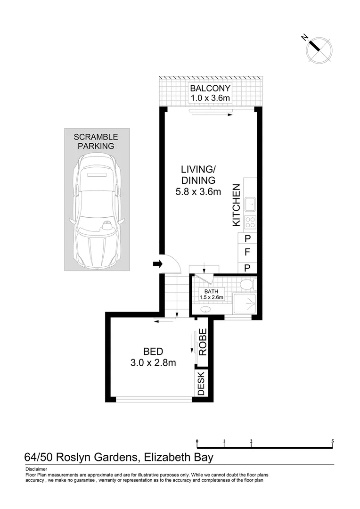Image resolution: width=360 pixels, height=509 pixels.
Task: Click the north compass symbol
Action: pyautogui.click(x=319, y=48)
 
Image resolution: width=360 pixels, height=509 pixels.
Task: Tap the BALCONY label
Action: pyautogui.click(x=210, y=88)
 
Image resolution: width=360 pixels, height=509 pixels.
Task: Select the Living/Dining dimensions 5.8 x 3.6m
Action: pyautogui.click(x=198, y=191)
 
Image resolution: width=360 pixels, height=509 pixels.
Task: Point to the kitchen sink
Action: pyautogui.click(x=250, y=205)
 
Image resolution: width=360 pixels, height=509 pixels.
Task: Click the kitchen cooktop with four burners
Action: pyautogui.click(x=250, y=222)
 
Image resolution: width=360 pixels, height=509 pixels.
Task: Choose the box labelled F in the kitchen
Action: pyautogui.click(x=247, y=253)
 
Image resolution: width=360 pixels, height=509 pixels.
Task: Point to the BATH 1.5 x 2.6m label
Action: pyautogui.click(x=211, y=295)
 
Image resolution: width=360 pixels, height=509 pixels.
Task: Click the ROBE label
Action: pyautogui.click(x=203, y=342)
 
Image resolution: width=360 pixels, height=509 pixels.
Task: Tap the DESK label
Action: pyautogui.click(x=202, y=384)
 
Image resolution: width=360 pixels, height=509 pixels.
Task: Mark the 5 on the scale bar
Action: pyautogui.click(x=333, y=442)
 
